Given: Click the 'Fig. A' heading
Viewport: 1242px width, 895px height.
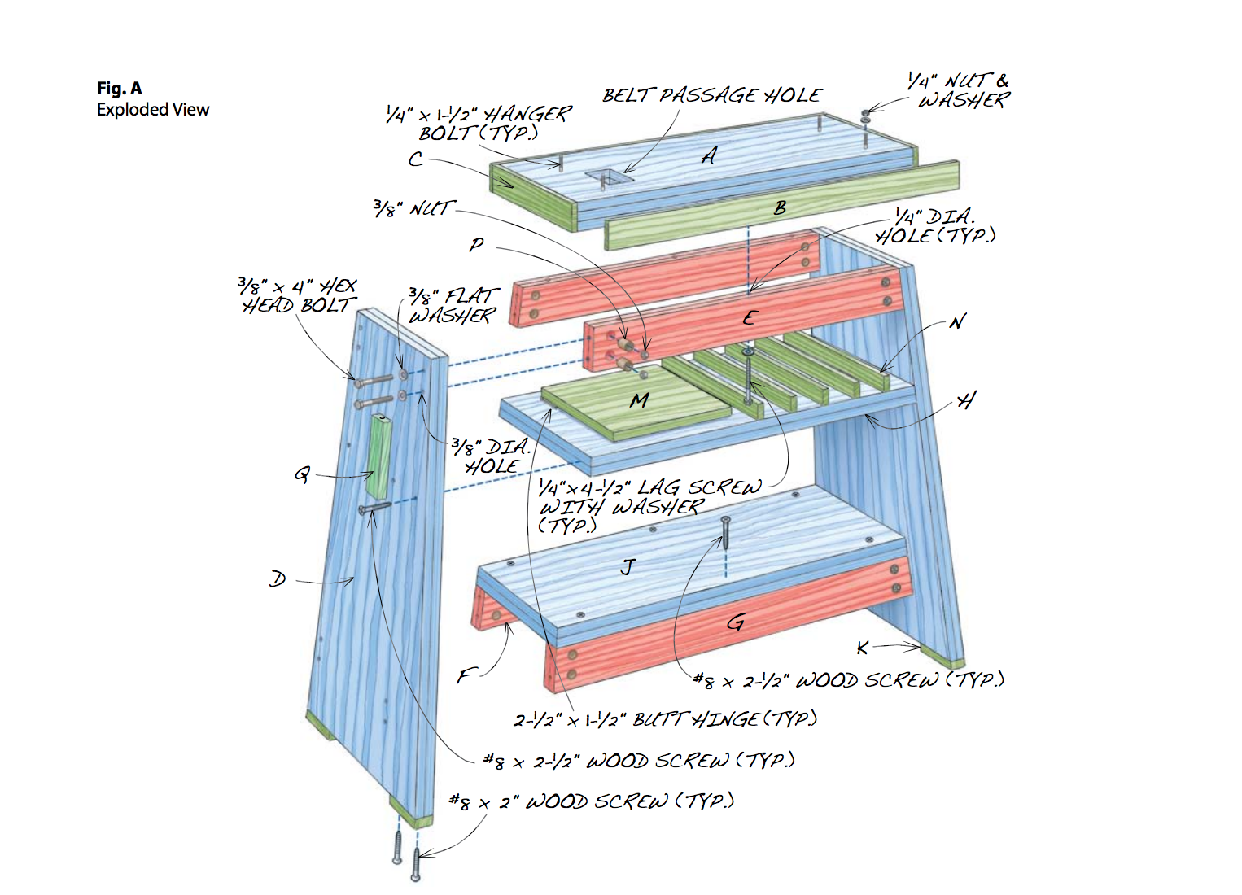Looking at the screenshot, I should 119,88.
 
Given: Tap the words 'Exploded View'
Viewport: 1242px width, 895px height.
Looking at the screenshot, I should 153,110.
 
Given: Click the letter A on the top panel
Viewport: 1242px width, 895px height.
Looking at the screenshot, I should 710,155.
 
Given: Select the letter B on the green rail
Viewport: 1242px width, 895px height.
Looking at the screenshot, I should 780,208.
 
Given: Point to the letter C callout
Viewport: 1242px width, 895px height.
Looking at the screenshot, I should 416,159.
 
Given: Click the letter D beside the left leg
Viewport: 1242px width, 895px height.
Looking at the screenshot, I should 278,579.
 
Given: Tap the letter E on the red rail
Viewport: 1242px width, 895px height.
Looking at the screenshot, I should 749,318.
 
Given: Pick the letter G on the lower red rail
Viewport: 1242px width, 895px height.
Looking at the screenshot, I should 735,623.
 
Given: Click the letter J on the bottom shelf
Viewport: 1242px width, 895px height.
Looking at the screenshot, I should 627,567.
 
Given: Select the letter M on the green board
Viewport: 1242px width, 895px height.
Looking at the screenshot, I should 639,400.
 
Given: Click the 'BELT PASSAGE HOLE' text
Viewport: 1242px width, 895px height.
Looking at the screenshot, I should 712,95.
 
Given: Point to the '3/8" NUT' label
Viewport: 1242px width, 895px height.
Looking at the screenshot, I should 412,209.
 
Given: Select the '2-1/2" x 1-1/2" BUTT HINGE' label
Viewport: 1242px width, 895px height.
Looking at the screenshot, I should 665,719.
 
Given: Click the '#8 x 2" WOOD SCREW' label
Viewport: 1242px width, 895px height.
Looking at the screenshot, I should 592,802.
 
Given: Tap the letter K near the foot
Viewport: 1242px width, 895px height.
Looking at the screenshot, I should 863,648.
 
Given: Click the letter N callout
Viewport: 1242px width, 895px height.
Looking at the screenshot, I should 957,322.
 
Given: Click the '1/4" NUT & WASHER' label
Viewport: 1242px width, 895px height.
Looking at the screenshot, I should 960,90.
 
